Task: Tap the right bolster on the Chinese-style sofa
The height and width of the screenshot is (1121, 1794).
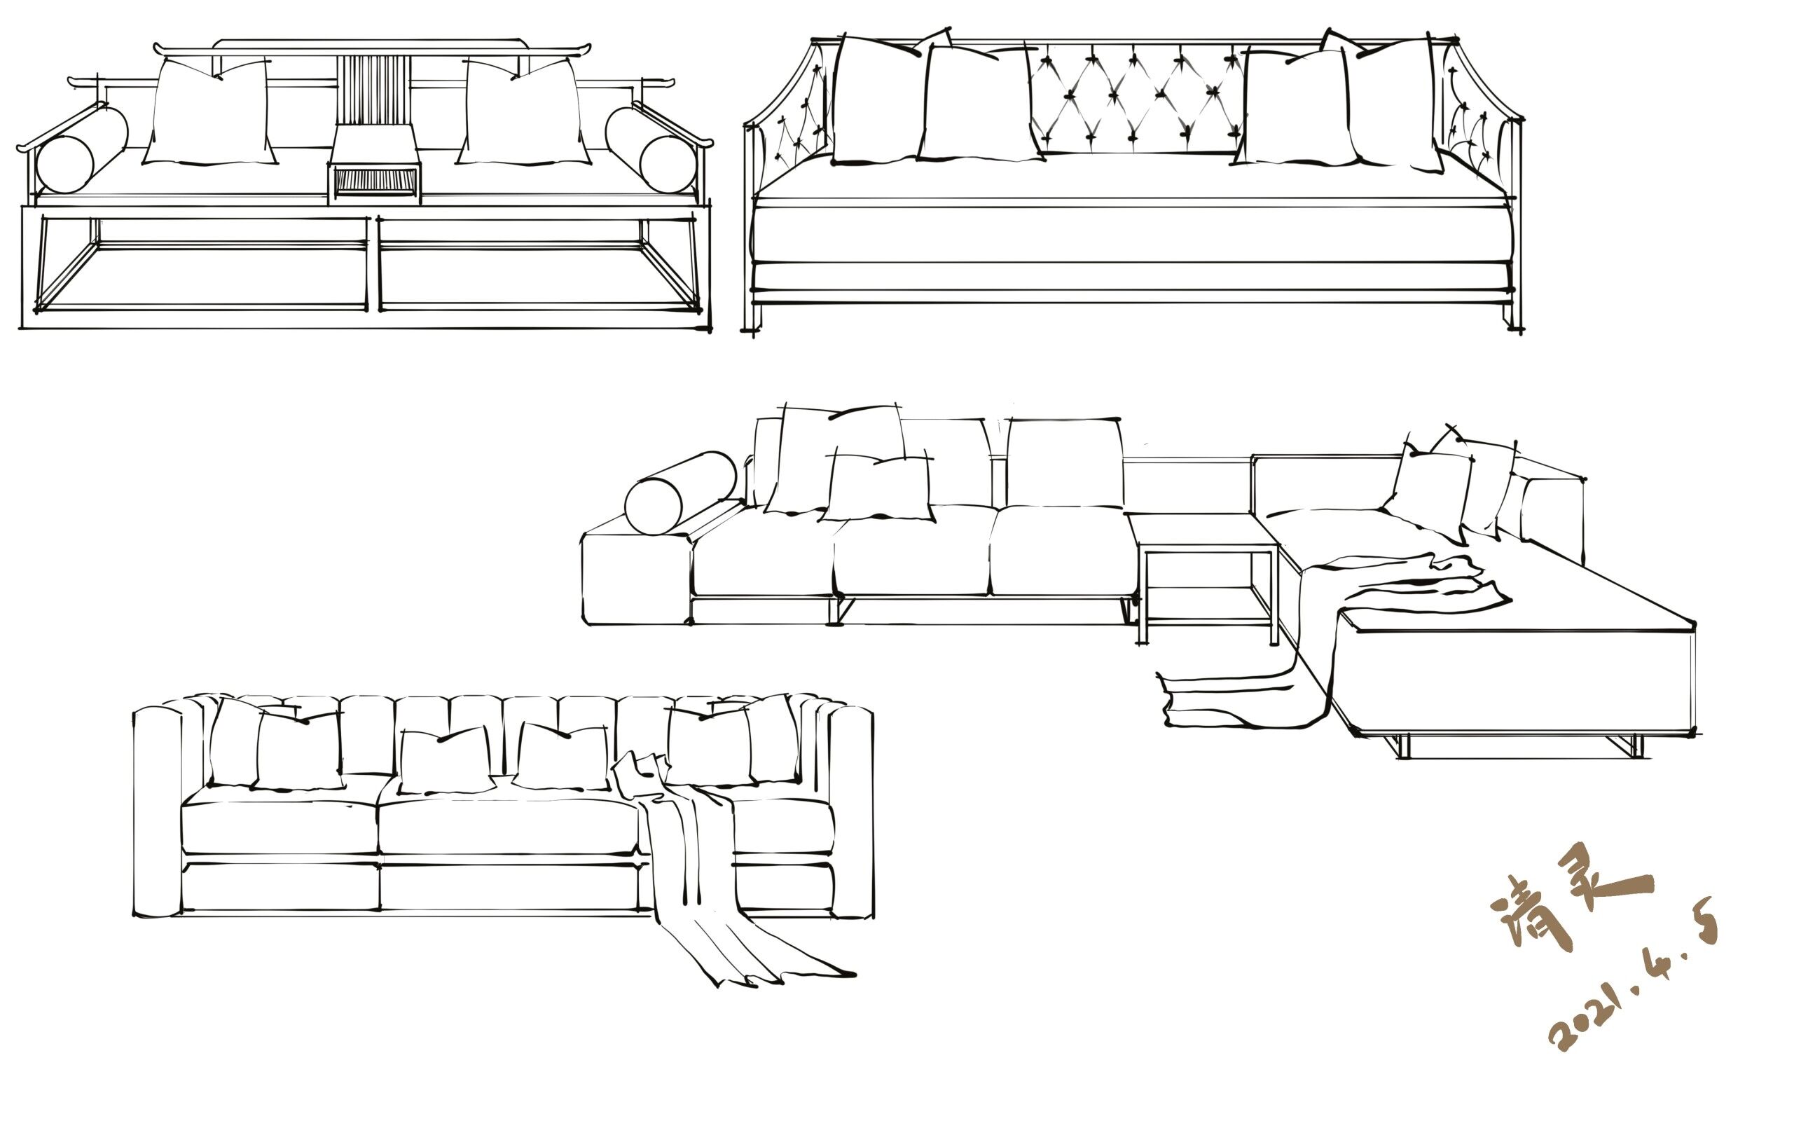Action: tap(651, 151)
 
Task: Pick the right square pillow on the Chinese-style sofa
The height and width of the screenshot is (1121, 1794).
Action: tap(523, 113)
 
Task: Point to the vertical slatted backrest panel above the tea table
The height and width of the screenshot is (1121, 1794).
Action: tap(373, 89)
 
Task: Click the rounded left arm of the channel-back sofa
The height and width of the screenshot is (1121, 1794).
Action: tap(157, 812)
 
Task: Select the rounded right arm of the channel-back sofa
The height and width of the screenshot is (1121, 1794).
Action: tap(850, 812)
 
